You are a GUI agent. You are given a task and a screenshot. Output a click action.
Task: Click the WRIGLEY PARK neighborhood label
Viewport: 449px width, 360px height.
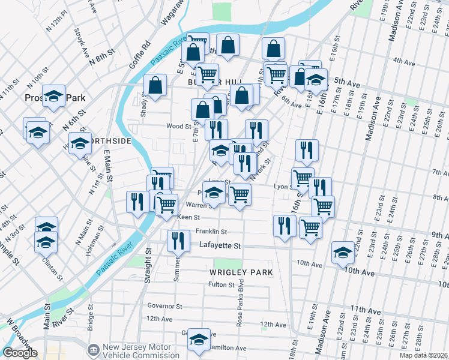241,272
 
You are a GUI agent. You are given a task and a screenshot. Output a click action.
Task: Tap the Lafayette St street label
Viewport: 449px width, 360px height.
220,246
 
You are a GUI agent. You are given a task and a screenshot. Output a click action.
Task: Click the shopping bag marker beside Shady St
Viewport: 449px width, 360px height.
155,86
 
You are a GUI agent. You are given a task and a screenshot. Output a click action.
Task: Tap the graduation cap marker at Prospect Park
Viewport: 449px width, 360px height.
54,94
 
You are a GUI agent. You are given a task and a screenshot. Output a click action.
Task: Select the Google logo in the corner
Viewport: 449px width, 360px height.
20,353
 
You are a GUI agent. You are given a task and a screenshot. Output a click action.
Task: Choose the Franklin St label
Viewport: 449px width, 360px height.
211,232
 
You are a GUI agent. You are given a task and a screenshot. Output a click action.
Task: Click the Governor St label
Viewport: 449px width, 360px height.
164,306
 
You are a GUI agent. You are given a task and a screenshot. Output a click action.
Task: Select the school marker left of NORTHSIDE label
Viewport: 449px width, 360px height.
79,144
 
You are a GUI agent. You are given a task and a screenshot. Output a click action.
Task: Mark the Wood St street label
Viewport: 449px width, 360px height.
179,127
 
